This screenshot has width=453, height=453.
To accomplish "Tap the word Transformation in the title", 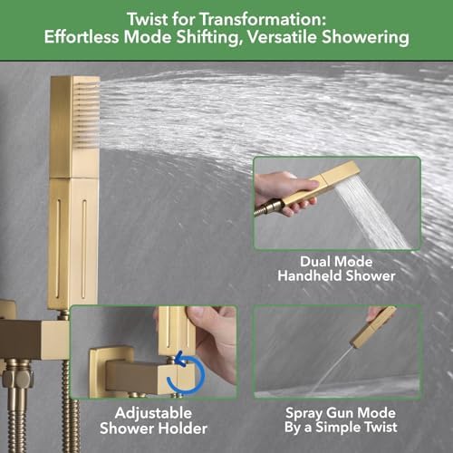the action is click(x=263, y=20).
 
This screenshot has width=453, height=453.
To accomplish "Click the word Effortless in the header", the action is click(x=82, y=37).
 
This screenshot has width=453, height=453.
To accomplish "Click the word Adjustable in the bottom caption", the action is click(x=153, y=414).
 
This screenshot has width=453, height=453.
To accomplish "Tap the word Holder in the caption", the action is click(x=183, y=429).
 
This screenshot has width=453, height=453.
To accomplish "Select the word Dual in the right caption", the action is click(x=315, y=262).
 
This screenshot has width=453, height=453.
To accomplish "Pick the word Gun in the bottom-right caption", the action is click(x=341, y=413).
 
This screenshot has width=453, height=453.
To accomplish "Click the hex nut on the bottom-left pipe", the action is click(x=17, y=378).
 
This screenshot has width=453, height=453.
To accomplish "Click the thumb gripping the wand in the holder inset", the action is click(x=200, y=321).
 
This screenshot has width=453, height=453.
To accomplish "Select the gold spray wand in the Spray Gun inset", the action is click(x=374, y=327).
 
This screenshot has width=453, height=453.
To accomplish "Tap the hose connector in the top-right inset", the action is click(x=270, y=207).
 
